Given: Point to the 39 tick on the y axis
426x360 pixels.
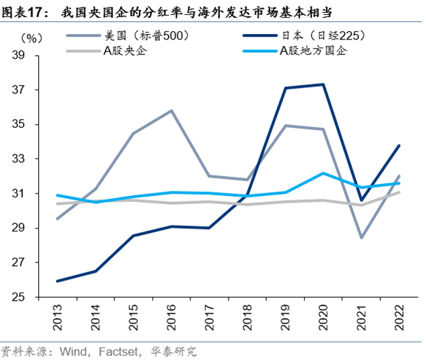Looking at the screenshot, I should [x=27, y=56].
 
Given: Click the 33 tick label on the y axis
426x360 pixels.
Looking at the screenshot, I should [x=27, y=159].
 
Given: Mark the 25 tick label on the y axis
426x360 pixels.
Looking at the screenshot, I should [x=27, y=297].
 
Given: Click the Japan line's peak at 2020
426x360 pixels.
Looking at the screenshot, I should [x=323, y=84].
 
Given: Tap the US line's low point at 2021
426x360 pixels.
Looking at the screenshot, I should [x=361, y=238].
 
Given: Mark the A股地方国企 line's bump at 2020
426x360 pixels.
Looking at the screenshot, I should [x=323, y=173].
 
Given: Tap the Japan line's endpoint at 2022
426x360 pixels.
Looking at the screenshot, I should [x=399, y=145].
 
